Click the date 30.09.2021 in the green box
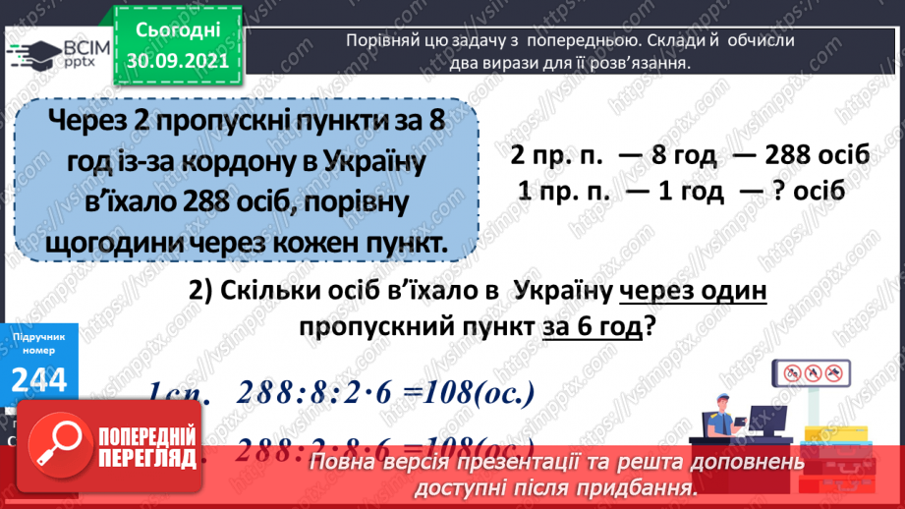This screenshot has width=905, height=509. [x=177, y=59]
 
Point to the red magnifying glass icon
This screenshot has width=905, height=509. [x=53, y=452]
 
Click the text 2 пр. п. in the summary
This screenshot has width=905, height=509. [x=558, y=156]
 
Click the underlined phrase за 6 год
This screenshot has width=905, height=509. [x=593, y=328]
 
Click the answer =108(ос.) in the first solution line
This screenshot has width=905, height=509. [x=468, y=393]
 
